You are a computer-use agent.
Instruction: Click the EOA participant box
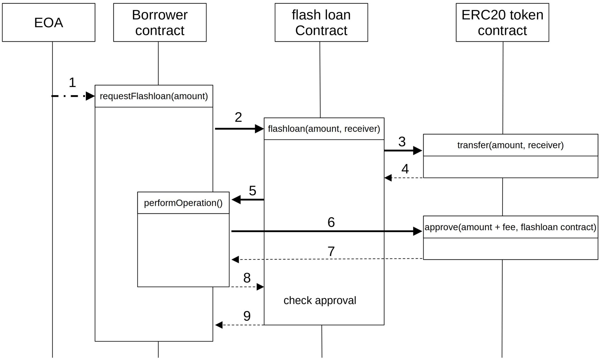49,23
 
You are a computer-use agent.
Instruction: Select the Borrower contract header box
160,23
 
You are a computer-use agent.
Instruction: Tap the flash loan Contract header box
321,23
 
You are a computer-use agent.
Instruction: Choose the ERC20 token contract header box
502,23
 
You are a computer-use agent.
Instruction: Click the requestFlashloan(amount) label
154,96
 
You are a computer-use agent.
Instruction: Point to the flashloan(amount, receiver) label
324,129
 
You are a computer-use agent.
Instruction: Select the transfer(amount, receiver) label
510,145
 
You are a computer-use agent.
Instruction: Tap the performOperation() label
183,203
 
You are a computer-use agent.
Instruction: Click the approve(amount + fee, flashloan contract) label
510,227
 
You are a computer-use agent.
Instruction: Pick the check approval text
320,300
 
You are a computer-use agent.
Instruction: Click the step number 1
72,83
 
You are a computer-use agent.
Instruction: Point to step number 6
331,222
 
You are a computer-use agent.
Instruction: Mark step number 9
247,316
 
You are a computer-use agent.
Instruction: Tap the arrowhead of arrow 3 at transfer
417,151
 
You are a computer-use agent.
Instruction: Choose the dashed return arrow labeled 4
404,178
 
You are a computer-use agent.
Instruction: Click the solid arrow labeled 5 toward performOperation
249,200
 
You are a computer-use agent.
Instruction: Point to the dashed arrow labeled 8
246,287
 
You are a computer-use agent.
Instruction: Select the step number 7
331,251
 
